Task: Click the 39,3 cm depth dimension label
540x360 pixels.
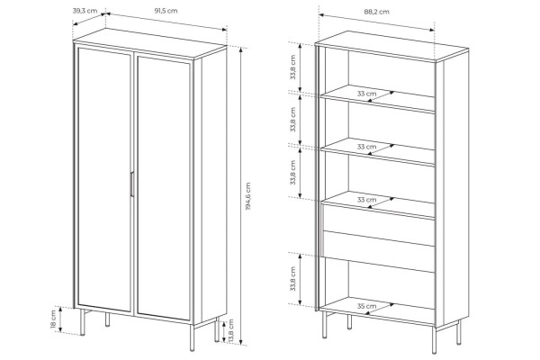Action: point(85,10)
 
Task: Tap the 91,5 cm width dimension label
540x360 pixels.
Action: point(166,11)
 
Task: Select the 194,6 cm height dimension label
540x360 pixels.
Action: point(248,196)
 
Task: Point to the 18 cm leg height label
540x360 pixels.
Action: point(53,319)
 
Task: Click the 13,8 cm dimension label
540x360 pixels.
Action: point(230,330)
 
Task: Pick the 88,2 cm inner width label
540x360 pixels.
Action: point(377,12)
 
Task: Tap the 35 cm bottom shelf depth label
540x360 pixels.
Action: point(367,306)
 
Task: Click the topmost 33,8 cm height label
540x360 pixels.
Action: point(292,67)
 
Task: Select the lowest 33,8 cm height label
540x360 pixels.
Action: point(292,279)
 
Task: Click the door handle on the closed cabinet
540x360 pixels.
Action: point(131,184)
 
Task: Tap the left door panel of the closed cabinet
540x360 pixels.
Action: point(104,179)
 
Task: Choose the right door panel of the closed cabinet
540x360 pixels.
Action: point(164,188)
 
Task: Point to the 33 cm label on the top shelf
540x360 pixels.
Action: point(367,94)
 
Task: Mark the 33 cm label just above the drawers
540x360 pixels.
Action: point(367,200)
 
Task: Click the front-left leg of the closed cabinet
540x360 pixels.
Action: point(83,322)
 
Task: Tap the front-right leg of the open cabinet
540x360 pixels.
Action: point(435,341)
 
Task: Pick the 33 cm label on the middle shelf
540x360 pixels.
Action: point(367,147)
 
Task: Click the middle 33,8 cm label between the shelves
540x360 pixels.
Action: point(292,120)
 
